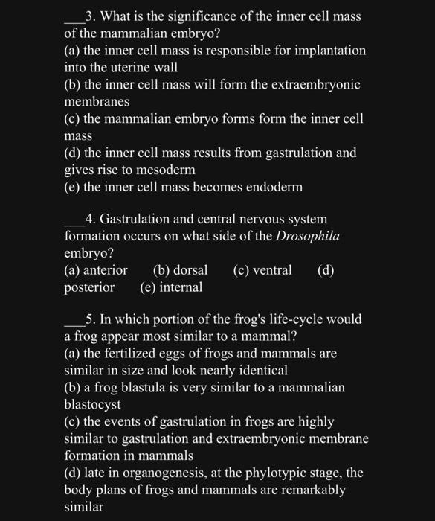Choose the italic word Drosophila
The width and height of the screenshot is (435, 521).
pos(308,237)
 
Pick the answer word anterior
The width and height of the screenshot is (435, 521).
pos(104,270)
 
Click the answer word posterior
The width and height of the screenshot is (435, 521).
pos(89,287)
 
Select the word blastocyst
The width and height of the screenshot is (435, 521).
pos(92,406)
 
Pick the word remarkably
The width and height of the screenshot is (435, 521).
pos(312,490)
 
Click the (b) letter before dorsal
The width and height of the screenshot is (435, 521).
pos(160,270)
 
